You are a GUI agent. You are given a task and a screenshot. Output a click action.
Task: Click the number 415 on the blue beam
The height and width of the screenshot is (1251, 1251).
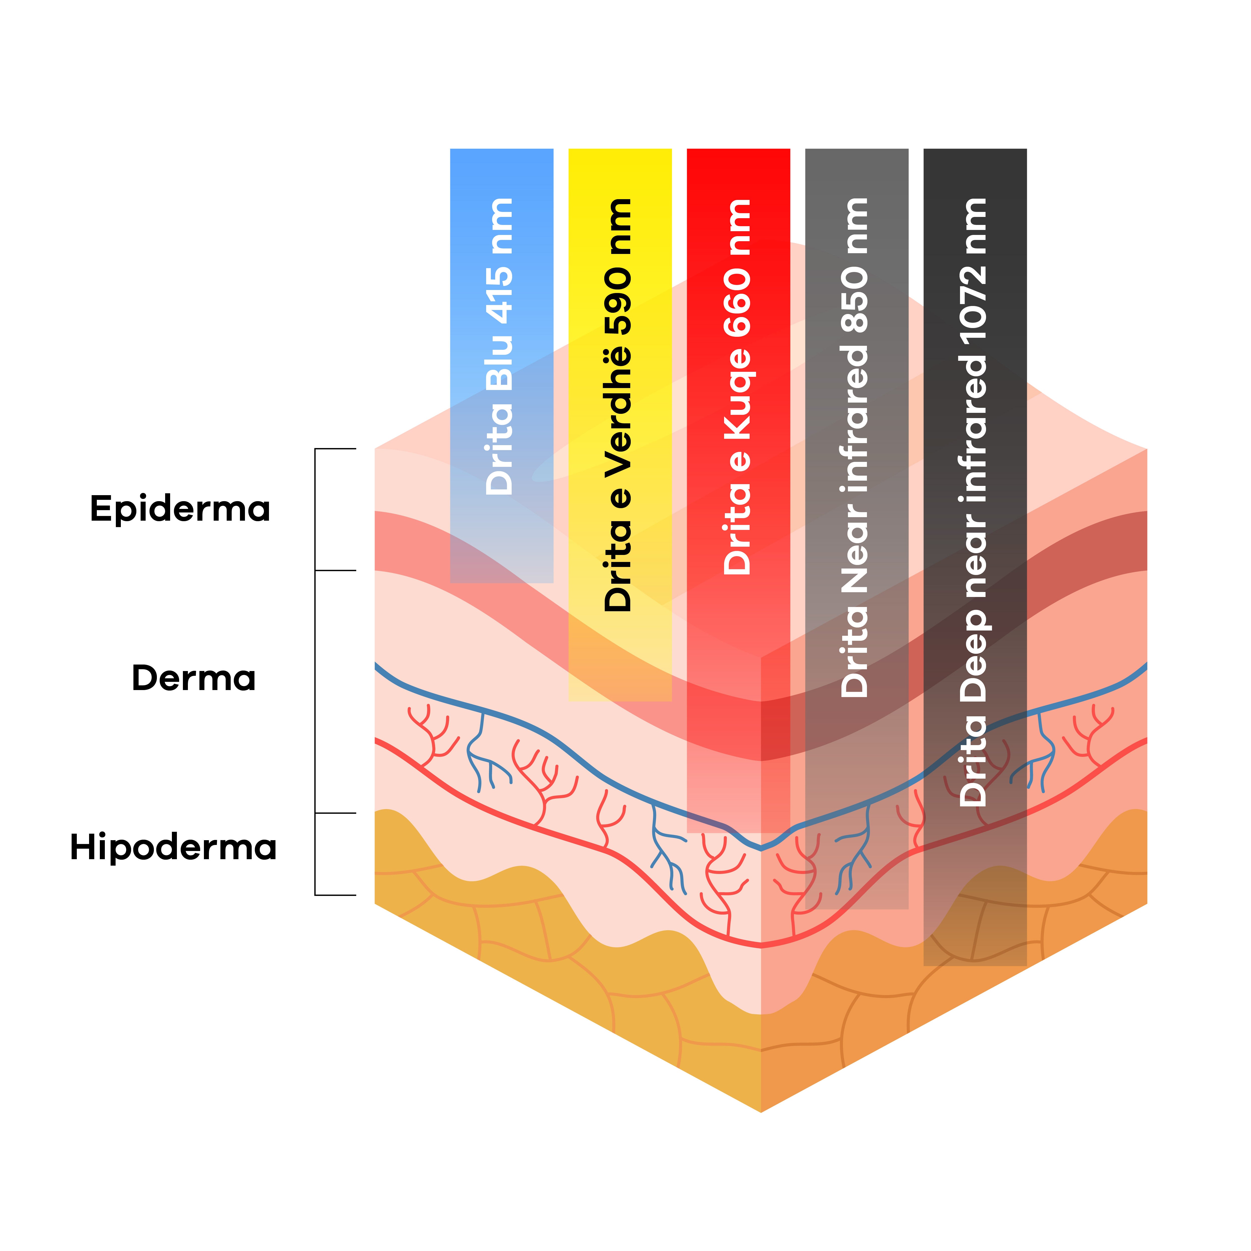point(500,295)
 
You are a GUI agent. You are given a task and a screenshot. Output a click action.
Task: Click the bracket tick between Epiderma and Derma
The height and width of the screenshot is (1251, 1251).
point(336,570)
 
